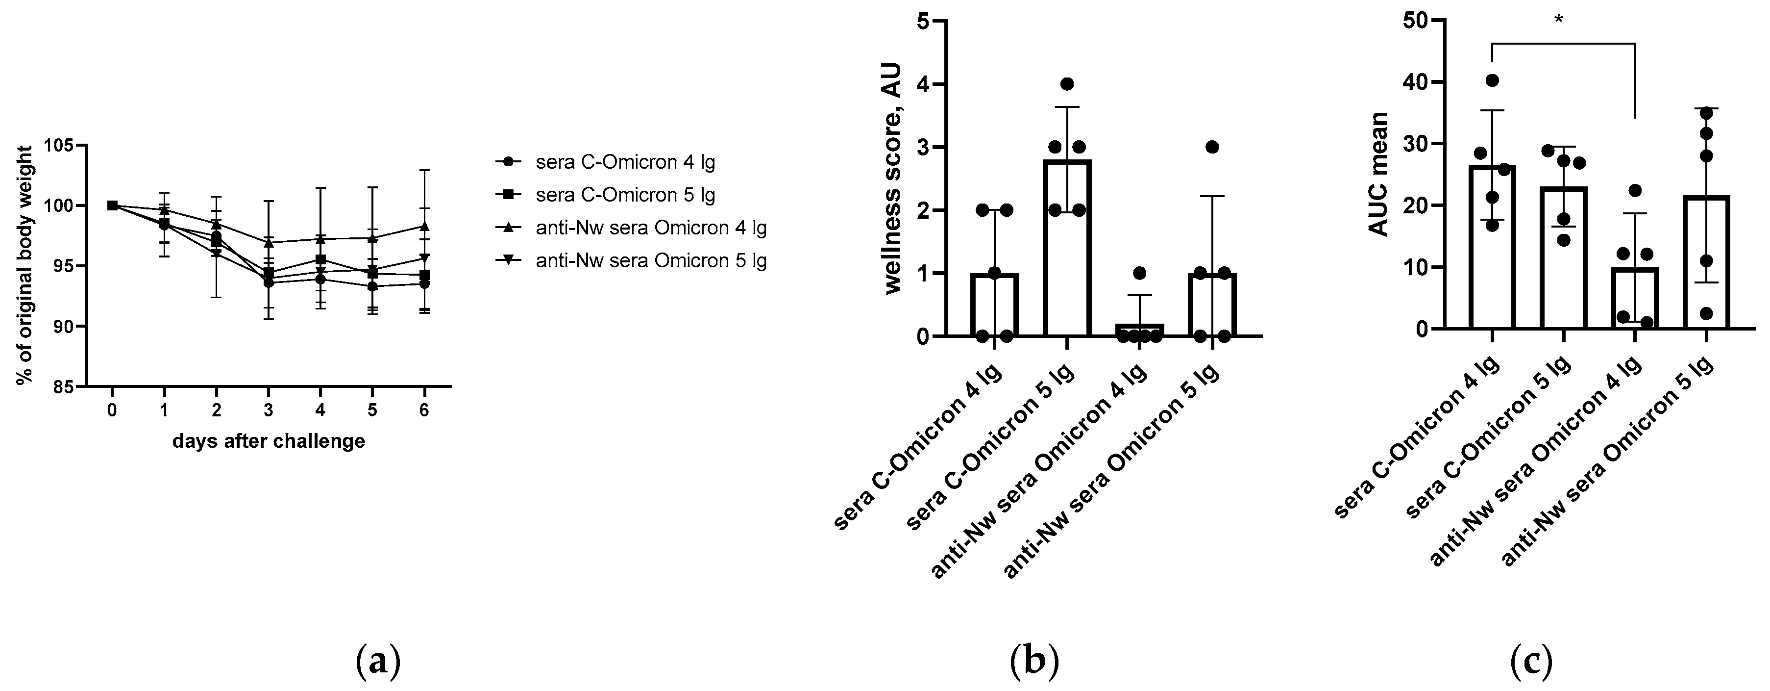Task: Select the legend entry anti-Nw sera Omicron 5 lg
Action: [650, 261]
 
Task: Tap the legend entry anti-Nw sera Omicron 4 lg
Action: [650, 228]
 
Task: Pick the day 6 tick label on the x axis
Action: [424, 410]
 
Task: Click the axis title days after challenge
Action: [269, 441]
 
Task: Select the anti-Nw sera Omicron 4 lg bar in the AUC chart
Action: [1635, 298]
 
